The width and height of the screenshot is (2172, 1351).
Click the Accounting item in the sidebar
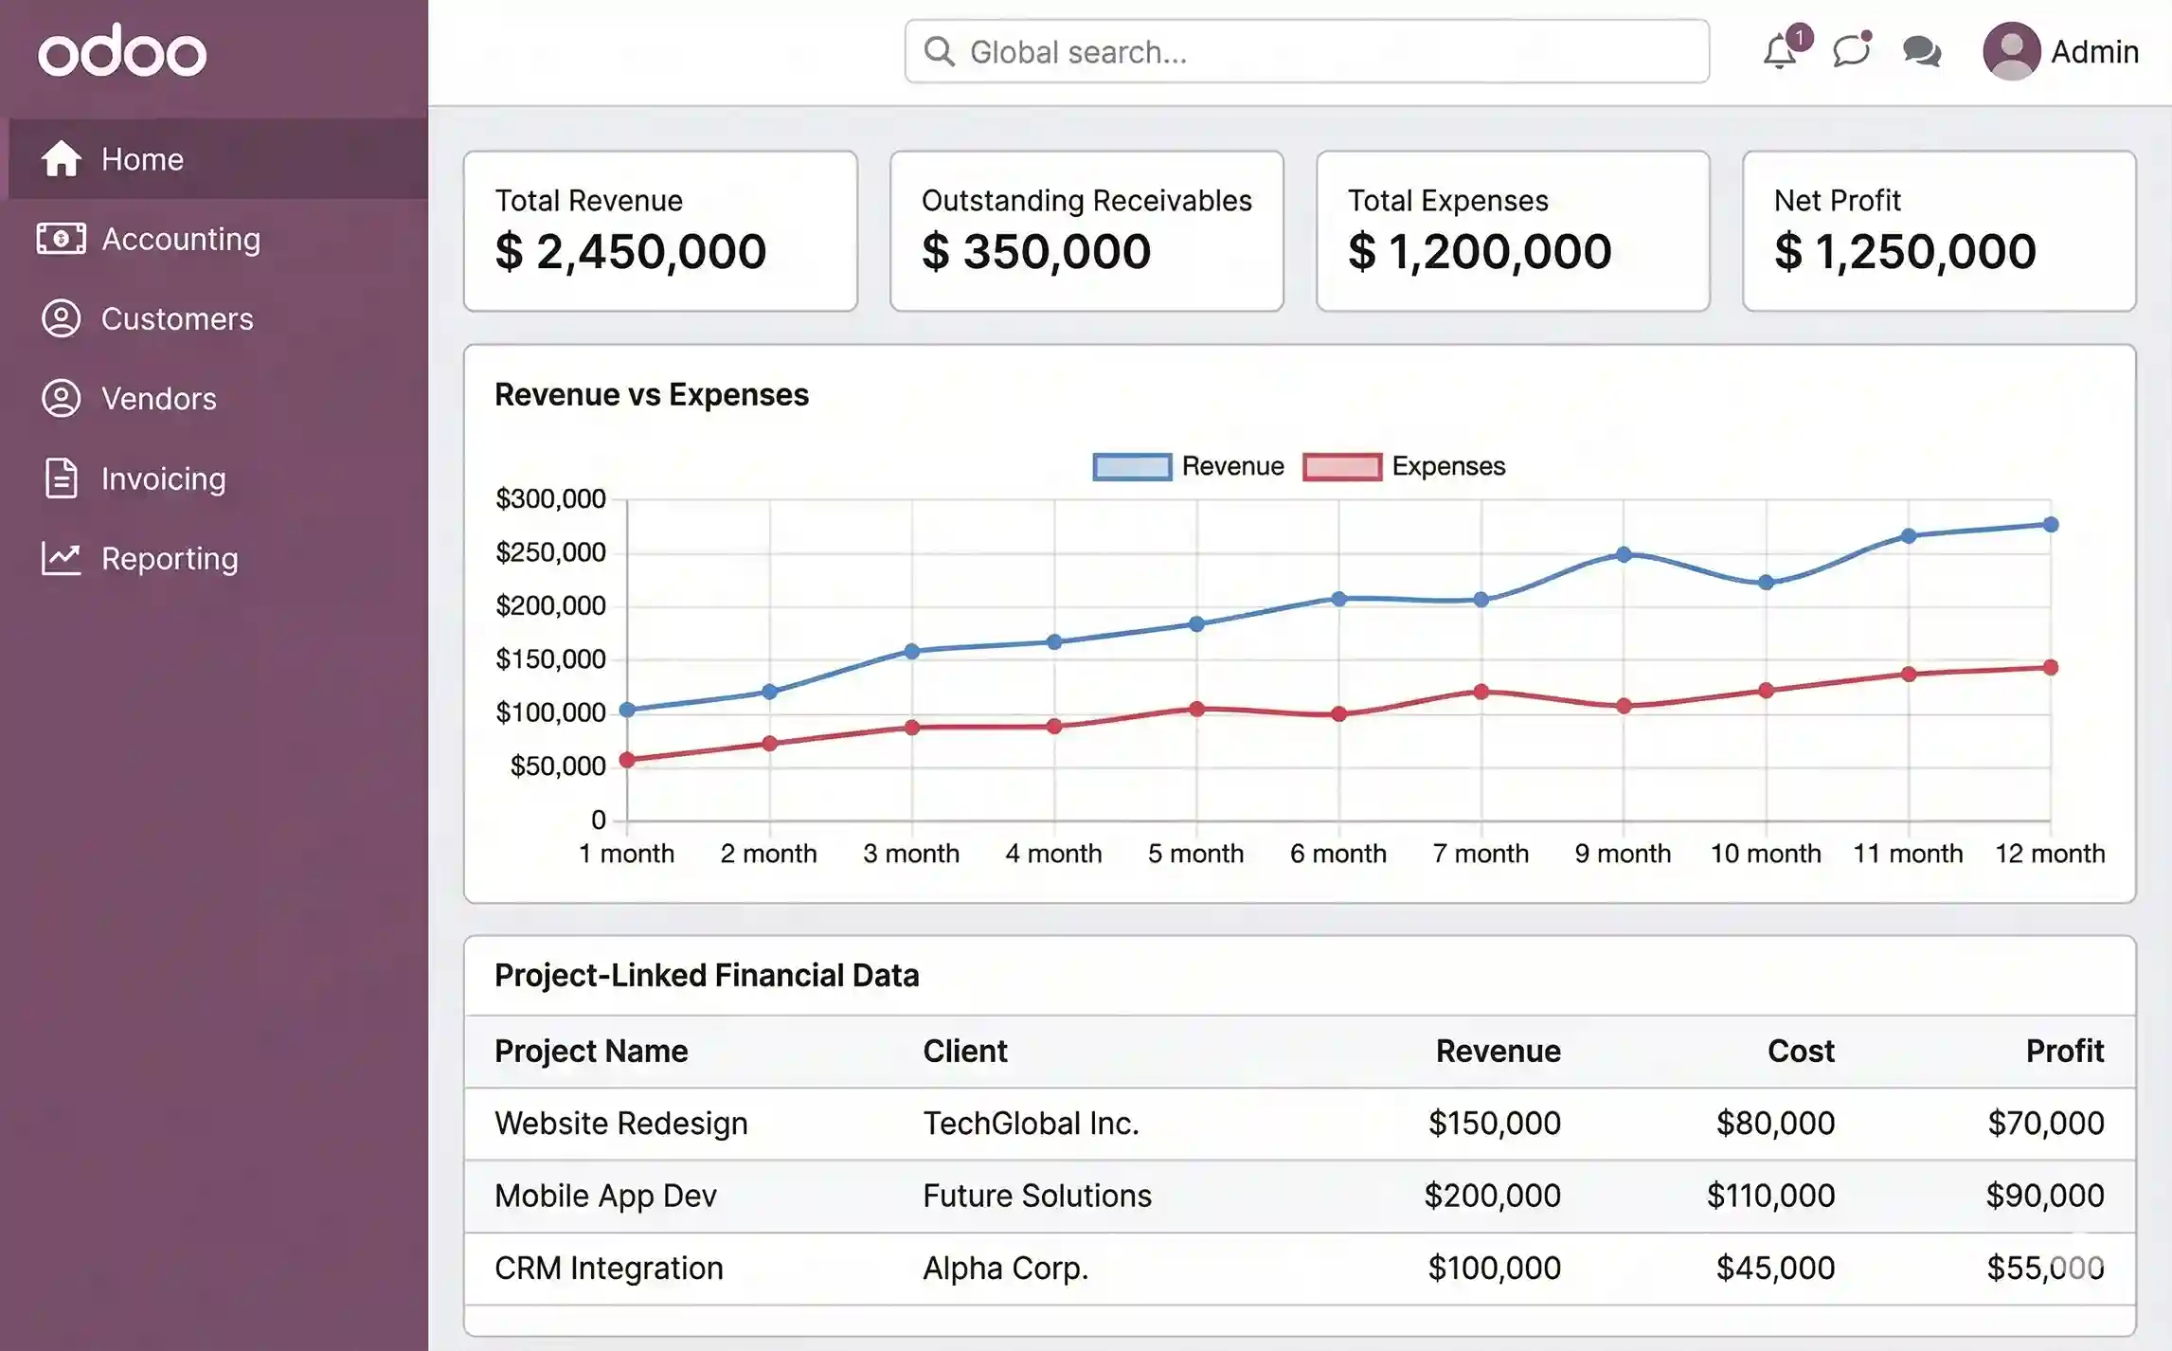pyautogui.click(x=180, y=239)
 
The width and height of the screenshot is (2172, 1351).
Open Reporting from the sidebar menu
pyautogui.click(x=169, y=559)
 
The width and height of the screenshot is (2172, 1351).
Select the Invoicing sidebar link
pyautogui.click(x=163, y=479)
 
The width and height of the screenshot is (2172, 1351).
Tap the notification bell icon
pyautogui.click(x=1780, y=52)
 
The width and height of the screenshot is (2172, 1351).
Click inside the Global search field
pyautogui.click(x=1307, y=52)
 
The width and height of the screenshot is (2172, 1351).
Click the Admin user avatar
pyautogui.click(x=2011, y=51)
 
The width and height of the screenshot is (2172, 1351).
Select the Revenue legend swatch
pyautogui.click(x=1132, y=467)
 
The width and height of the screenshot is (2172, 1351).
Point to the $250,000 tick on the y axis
pyautogui.click(x=550, y=553)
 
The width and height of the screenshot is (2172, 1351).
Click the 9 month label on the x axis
pyautogui.click(x=1623, y=854)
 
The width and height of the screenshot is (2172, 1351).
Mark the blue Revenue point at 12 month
pyautogui.click(x=2051, y=525)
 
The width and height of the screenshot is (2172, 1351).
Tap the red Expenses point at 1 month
pyautogui.click(x=627, y=760)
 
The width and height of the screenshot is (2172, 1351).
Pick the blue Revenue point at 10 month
pyautogui.click(x=1766, y=583)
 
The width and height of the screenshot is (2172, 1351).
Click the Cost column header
pyautogui.click(x=1801, y=1052)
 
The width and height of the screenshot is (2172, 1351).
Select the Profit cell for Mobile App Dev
pyautogui.click(x=2044, y=1196)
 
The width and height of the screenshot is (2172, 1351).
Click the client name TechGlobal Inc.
pyautogui.click(x=1031, y=1124)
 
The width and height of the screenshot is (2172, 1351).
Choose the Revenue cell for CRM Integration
pyautogui.click(x=1494, y=1269)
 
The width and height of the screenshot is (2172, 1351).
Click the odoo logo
pyautogui.click(x=122, y=51)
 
